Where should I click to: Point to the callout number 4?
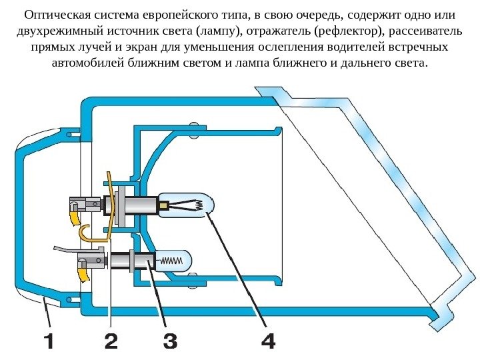[267, 342]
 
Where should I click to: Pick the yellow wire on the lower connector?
[83, 272]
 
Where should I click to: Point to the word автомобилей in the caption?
[84, 65]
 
